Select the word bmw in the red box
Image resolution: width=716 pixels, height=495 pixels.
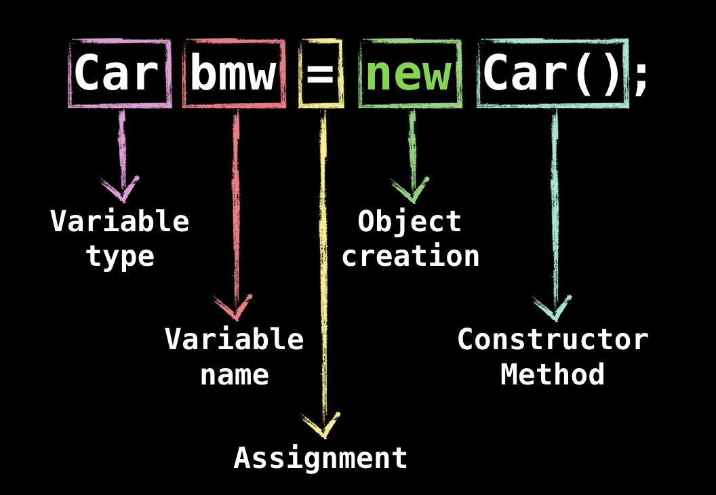(x=233, y=73)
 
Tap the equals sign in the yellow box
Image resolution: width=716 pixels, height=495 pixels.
(x=321, y=75)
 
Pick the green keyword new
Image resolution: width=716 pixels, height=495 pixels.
(x=409, y=73)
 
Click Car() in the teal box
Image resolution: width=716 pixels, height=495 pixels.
(x=552, y=73)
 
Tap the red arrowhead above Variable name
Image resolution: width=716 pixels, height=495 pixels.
(x=235, y=309)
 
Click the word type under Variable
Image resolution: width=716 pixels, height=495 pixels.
(x=120, y=257)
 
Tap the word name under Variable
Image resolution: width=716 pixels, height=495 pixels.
(x=235, y=374)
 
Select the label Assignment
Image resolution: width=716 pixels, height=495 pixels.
(x=321, y=458)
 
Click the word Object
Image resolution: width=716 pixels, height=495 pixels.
(x=410, y=222)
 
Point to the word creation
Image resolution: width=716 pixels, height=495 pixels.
(x=410, y=256)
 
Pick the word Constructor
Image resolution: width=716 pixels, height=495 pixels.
(x=553, y=339)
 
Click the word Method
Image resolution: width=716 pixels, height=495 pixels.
(x=553, y=374)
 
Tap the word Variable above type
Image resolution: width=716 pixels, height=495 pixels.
(x=120, y=222)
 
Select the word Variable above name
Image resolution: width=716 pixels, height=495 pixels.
(x=235, y=339)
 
